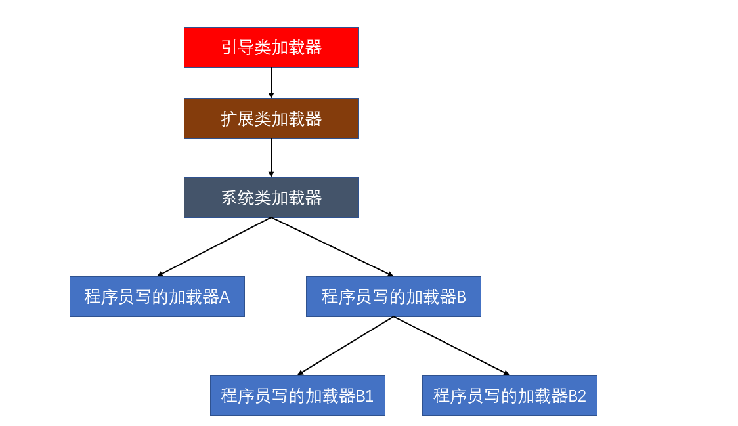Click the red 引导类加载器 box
pos(271,47)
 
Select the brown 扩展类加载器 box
pos(271,119)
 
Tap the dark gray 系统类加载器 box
pos(271,198)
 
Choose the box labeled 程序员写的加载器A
pos(157,297)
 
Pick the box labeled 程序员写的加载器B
pos(394,297)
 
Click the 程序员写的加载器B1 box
pos(297,396)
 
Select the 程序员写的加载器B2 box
pos(510,396)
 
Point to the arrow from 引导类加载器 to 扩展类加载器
pos(271,83)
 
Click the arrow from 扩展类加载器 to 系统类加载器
pos(271,158)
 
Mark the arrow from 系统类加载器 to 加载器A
pos(214,247)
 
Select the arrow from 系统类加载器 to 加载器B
pos(332,247)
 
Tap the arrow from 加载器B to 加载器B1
pos(345,346)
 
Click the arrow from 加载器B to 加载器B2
pos(452,346)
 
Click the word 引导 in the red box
pos(237,47)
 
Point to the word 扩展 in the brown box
pos(237,119)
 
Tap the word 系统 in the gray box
pos(237,198)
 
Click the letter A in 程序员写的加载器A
pos(225,297)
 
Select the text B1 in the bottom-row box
pos(365,396)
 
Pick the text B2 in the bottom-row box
pos(577,396)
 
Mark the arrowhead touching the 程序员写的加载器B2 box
pos(506,373)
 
